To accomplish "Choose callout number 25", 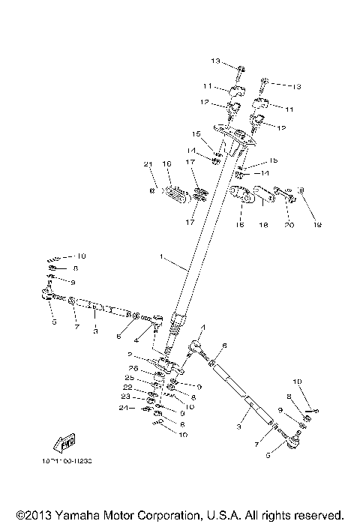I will [129, 377].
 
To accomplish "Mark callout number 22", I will [128, 387].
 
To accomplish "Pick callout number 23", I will [127, 397].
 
